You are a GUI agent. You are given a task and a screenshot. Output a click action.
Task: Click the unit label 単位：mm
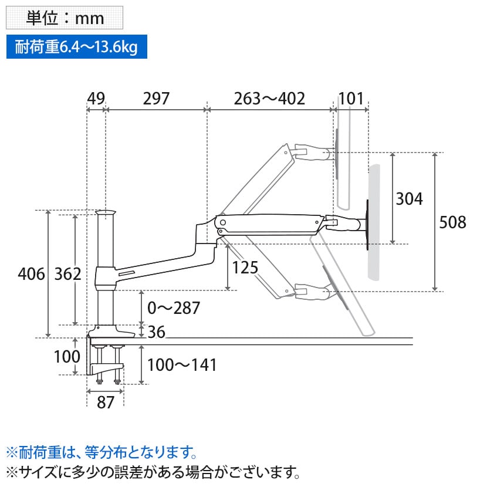(x=65, y=18)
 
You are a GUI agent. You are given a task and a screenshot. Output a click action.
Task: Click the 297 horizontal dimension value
(x=156, y=99)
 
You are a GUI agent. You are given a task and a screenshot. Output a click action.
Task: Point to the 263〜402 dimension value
(x=269, y=99)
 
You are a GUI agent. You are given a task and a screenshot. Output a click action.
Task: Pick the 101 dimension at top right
(x=351, y=99)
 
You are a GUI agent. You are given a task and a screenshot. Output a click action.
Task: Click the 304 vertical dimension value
(x=409, y=199)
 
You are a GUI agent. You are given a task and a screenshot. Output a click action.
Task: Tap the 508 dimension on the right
(x=452, y=222)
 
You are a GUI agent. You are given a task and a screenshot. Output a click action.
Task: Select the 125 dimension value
(x=245, y=268)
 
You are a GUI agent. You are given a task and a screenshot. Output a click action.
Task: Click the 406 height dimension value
(x=31, y=273)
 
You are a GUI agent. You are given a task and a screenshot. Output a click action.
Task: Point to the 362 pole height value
(x=67, y=273)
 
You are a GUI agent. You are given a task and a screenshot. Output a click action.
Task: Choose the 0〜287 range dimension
(x=174, y=308)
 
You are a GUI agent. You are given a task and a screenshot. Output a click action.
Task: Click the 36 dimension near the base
(x=155, y=332)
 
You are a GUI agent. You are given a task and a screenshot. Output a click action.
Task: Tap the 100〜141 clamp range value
(x=182, y=365)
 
